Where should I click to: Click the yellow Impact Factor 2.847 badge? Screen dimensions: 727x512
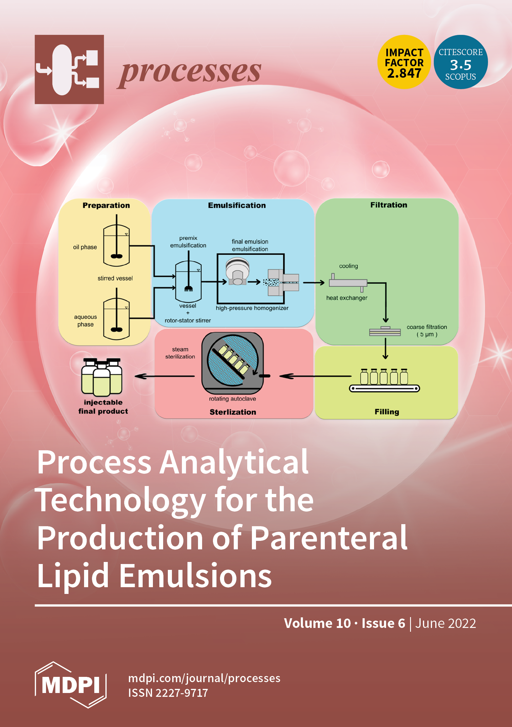pyautogui.click(x=404, y=62)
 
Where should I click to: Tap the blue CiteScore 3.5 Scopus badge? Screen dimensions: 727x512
pyautogui.click(x=460, y=62)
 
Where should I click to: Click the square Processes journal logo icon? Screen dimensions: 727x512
pyautogui.click(x=69, y=69)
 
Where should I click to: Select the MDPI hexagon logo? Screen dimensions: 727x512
pyautogui.click(x=71, y=684)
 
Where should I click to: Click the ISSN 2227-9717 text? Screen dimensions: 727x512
pyautogui.click(x=168, y=693)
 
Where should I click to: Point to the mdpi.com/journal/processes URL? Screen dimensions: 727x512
pyautogui.click(x=204, y=678)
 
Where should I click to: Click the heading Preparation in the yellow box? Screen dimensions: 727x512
pyautogui.click(x=106, y=205)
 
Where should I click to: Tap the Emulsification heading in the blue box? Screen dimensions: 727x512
pyautogui.click(x=237, y=205)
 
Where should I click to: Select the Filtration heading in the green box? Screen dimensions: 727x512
pyautogui.click(x=389, y=205)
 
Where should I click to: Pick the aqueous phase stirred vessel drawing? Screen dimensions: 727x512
pyautogui.click(x=117, y=318)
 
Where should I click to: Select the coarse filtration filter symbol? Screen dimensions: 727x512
pyautogui.click(x=385, y=332)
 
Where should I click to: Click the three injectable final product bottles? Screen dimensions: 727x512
pyautogui.click(x=102, y=377)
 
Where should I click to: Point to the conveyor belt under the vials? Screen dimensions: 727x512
pyautogui.click(x=384, y=388)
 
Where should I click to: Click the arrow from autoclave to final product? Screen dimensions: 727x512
pyautogui.click(x=165, y=376)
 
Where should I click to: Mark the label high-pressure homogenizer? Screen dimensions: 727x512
pyautogui.click(x=252, y=308)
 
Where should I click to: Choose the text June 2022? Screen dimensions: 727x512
pyautogui.click(x=445, y=623)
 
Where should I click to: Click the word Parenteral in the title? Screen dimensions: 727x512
pyautogui.click(x=329, y=538)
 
